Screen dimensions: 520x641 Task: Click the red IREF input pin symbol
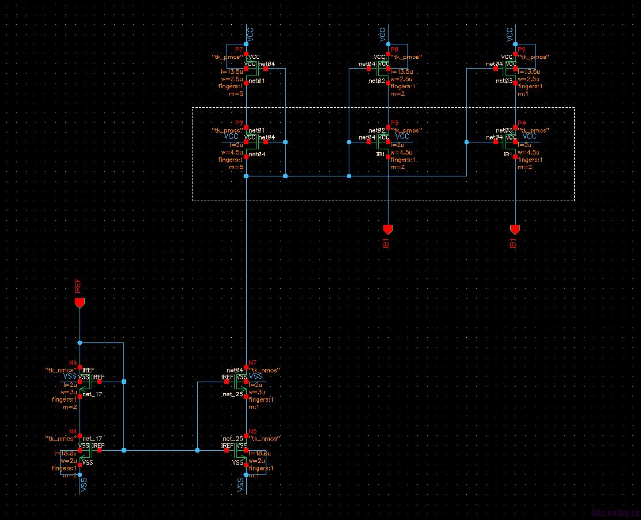[x=80, y=303]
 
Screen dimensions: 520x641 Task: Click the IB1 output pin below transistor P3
[x=388, y=229]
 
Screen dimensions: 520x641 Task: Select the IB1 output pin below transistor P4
[x=515, y=229]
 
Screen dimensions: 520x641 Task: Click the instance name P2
[x=239, y=123]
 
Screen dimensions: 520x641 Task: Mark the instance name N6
[x=73, y=363]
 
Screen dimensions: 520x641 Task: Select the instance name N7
[x=252, y=363]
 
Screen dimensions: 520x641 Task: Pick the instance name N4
[x=73, y=431]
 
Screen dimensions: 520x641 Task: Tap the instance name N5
[x=252, y=431]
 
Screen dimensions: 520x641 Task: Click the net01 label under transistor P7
[x=257, y=82]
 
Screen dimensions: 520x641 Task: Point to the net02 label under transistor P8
[x=376, y=82]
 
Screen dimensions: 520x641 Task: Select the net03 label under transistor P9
[x=504, y=82]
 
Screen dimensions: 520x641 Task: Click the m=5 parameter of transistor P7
[x=236, y=94]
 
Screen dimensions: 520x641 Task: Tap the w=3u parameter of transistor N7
[x=257, y=393]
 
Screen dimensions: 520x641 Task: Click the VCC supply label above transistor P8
[x=382, y=35]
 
